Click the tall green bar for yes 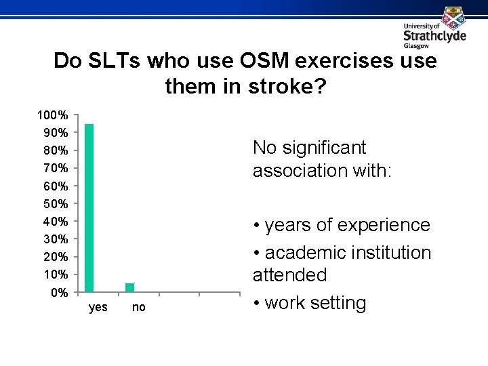[x=89, y=208]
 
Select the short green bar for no [x=130, y=287]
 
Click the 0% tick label [x=59, y=293]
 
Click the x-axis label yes [x=98, y=308]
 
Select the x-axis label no [x=138, y=308]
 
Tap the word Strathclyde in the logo [x=434, y=35]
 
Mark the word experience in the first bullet [x=383, y=224]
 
